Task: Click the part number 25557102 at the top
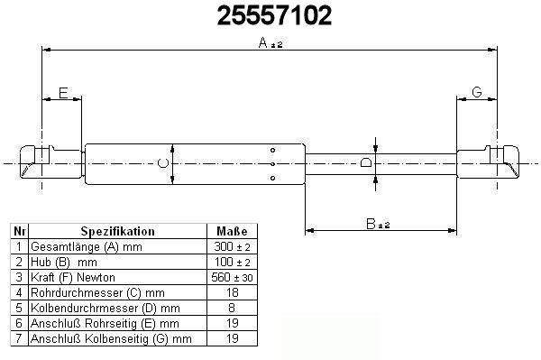pos(274,16)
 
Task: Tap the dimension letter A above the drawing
pos(263,42)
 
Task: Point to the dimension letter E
pos(63,93)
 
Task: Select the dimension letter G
pos(476,92)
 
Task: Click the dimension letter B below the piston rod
pos(371,224)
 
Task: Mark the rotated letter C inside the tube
pos(163,163)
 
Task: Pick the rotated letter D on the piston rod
pos(366,162)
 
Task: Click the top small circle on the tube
pos(272,150)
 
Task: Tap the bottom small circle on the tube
pos(272,178)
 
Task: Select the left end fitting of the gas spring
pos(51,162)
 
